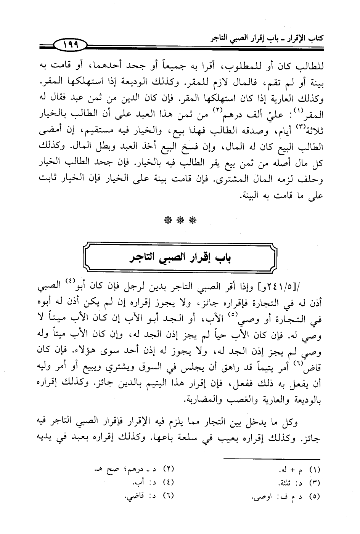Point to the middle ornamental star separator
coord(181,220)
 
